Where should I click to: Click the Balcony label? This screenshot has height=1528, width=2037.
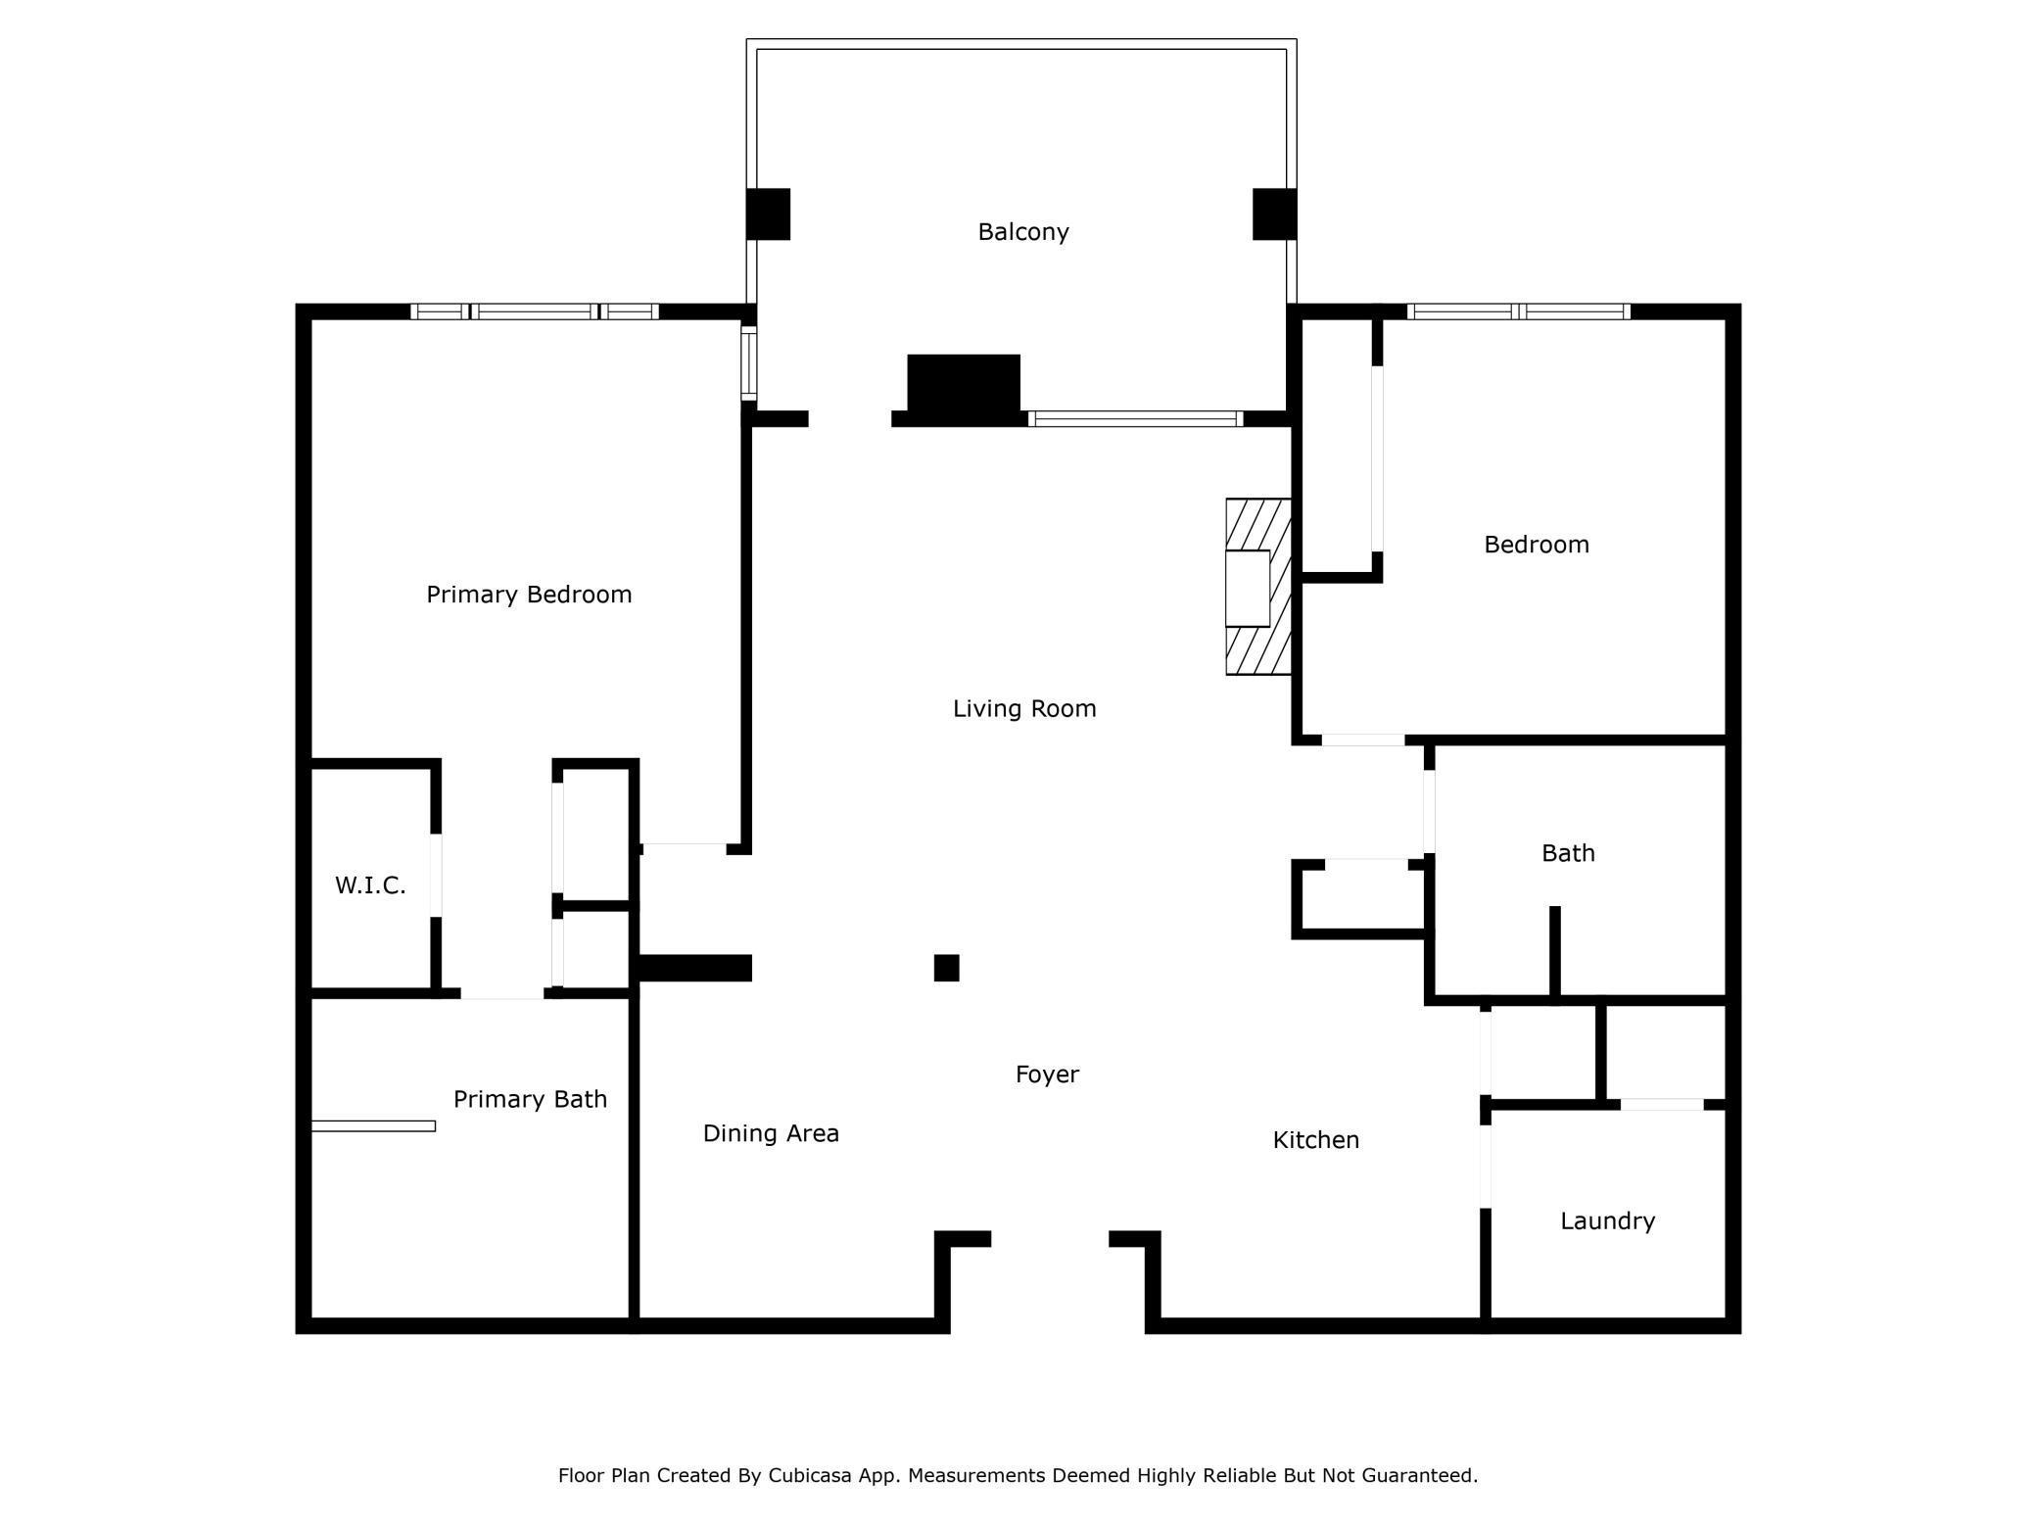point(1022,232)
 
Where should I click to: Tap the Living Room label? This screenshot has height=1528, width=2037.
point(1023,708)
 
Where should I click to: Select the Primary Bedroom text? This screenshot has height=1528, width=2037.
point(529,595)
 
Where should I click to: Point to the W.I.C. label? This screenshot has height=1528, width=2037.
point(370,885)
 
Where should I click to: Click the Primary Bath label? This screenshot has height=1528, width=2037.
point(530,1099)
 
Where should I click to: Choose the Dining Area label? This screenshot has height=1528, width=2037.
point(771,1133)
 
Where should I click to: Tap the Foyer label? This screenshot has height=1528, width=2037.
point(1047,1074)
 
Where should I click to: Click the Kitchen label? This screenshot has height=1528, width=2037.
point(1315,1140)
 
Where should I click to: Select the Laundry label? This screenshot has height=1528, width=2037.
point(1607,1221)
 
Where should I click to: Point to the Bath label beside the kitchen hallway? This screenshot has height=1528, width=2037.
point(1568,853)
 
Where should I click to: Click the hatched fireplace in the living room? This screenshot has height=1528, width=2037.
point(1258,587)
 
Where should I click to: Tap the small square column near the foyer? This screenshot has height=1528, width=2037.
point(946,968)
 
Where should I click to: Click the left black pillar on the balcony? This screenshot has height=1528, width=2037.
point(768,214)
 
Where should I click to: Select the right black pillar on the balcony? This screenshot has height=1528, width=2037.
point(1274,214)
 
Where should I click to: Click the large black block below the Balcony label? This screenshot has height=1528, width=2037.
point(964,384)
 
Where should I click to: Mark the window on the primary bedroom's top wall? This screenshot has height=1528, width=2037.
point(534,311)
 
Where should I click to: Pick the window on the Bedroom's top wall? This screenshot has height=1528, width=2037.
point(1518,311)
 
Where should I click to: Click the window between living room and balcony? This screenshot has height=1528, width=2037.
point(1135,419)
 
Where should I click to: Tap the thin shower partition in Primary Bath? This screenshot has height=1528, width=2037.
point(373,1126)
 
